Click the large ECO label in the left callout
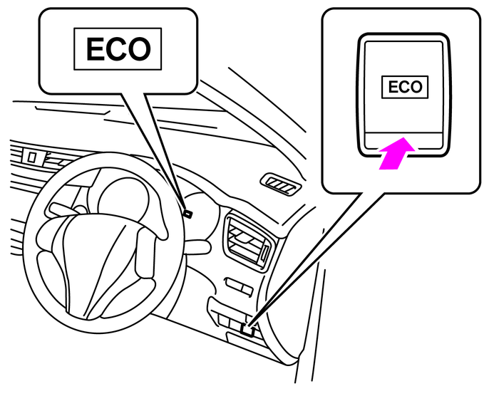tap(118, 48)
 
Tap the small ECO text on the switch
tap(404, 87)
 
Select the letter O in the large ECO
tap(141, 48)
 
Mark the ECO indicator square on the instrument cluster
tap(187, 212)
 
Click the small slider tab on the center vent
tap(265, 251)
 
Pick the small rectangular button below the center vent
tap(237, 284)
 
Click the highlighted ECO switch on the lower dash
tap(247, 328)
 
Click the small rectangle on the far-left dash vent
tap(31, 155)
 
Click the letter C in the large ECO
tap(118, 48)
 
